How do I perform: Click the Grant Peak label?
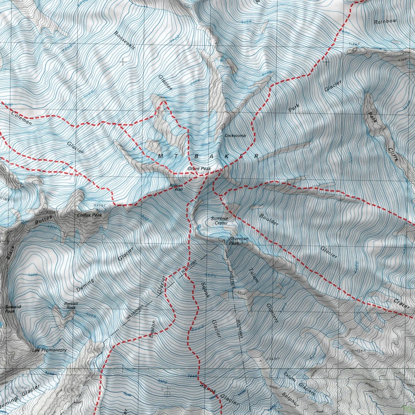[199, 169]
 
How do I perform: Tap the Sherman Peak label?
[237, 241]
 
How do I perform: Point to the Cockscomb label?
[235, 135]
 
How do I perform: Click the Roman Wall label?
[176, 187]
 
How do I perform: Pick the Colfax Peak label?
[89, 215]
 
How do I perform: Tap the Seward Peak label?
[10, 309]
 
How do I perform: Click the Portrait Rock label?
[71, 305]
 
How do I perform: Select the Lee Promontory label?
[49, 350]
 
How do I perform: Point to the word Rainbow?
[386, 21]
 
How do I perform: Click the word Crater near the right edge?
[401, 304]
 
